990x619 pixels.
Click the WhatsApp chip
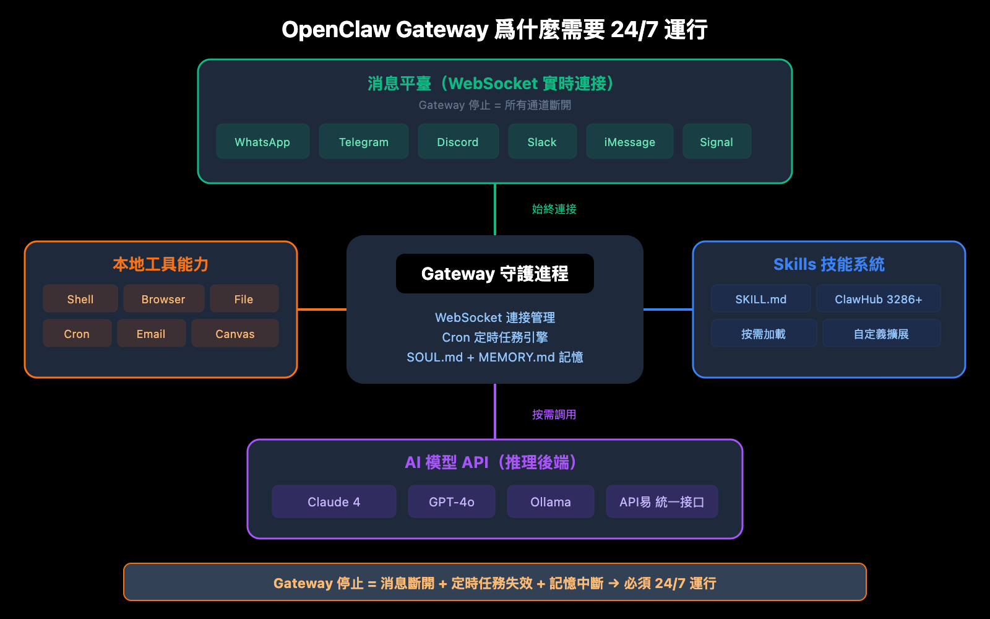262,142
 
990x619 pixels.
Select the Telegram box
363,142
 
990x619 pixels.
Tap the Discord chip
458,142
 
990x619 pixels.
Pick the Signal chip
717,142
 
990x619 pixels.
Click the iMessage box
629,142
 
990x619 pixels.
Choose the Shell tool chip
80,299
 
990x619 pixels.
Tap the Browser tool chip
163,299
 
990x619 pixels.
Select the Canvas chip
235,334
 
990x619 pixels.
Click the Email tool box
151,334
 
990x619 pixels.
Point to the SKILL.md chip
760,299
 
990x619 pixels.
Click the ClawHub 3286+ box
878,299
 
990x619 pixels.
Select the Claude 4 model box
334,501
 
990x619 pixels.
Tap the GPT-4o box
451,501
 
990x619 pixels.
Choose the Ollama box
550,501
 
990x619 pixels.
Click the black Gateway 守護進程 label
494,274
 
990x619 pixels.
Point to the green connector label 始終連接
554,209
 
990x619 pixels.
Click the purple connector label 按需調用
554,415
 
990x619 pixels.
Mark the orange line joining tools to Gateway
322,309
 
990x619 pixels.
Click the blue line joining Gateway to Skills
668,309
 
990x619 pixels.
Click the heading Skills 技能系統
829,264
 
